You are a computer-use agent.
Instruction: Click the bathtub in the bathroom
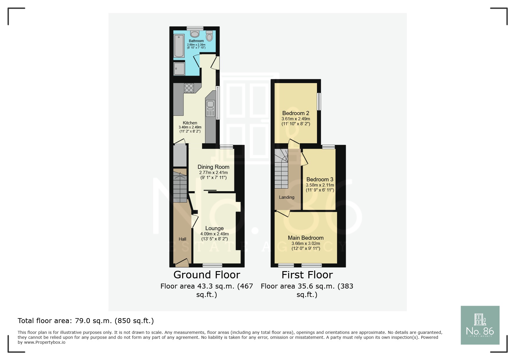pos(179,46)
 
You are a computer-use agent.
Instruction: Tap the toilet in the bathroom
pos(209,37)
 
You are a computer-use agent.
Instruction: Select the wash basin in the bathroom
pos(195,33)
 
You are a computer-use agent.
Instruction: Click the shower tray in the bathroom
pos(179,69)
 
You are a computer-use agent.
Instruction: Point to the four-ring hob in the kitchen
pos(189,88)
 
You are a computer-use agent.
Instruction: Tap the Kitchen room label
pos(190,123)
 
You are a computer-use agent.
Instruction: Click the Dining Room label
pos(213,167)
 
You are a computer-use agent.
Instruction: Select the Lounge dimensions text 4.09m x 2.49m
pos(215,234)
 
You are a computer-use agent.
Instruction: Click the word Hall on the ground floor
pos(182,239)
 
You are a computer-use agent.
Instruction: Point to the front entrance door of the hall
pos(182,264)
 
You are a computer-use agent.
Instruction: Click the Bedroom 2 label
pos(296,113)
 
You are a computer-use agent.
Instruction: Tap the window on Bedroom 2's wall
pos(319,101)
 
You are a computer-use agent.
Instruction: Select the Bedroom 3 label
pos(320,180)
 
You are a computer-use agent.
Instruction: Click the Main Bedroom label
pos(306,238)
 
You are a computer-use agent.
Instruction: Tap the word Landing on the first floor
pos(286,197)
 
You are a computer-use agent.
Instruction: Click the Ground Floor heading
pos(207,275)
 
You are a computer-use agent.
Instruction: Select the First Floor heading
pos(307,275)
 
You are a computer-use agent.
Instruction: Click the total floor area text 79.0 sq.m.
pos(85,321)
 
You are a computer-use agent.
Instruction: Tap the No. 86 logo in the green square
pos(480,325)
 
